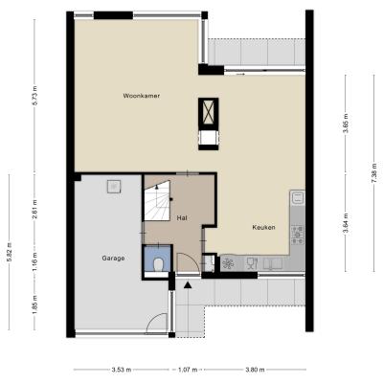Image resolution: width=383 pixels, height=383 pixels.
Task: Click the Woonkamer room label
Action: tap(142, 96)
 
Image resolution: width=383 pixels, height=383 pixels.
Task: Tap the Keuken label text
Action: tap(263, 228)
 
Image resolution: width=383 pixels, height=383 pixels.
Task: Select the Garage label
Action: tap(113, 259)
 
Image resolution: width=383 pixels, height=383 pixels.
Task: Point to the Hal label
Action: tap(182, 218)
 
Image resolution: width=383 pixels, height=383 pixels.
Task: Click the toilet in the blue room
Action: tap(158, 264)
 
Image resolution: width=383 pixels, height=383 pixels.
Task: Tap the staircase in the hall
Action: tap(157, 200)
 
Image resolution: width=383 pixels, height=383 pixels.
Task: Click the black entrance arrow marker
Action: tap(188, 285)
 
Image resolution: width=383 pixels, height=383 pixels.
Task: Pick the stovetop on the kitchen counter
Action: tap(297, 235)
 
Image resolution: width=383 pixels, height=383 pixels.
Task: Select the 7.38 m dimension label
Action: tap(374, 172)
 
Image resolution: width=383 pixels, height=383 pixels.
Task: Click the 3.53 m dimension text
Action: tap(122, 370)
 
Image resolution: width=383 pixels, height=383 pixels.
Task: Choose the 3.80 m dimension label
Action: tap(255, 370)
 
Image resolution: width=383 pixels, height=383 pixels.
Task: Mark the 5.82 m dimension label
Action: tap(9, 252)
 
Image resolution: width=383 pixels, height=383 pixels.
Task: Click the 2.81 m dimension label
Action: tap(34, 210)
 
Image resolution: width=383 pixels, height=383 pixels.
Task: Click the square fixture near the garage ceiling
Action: tap(114, 187)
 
